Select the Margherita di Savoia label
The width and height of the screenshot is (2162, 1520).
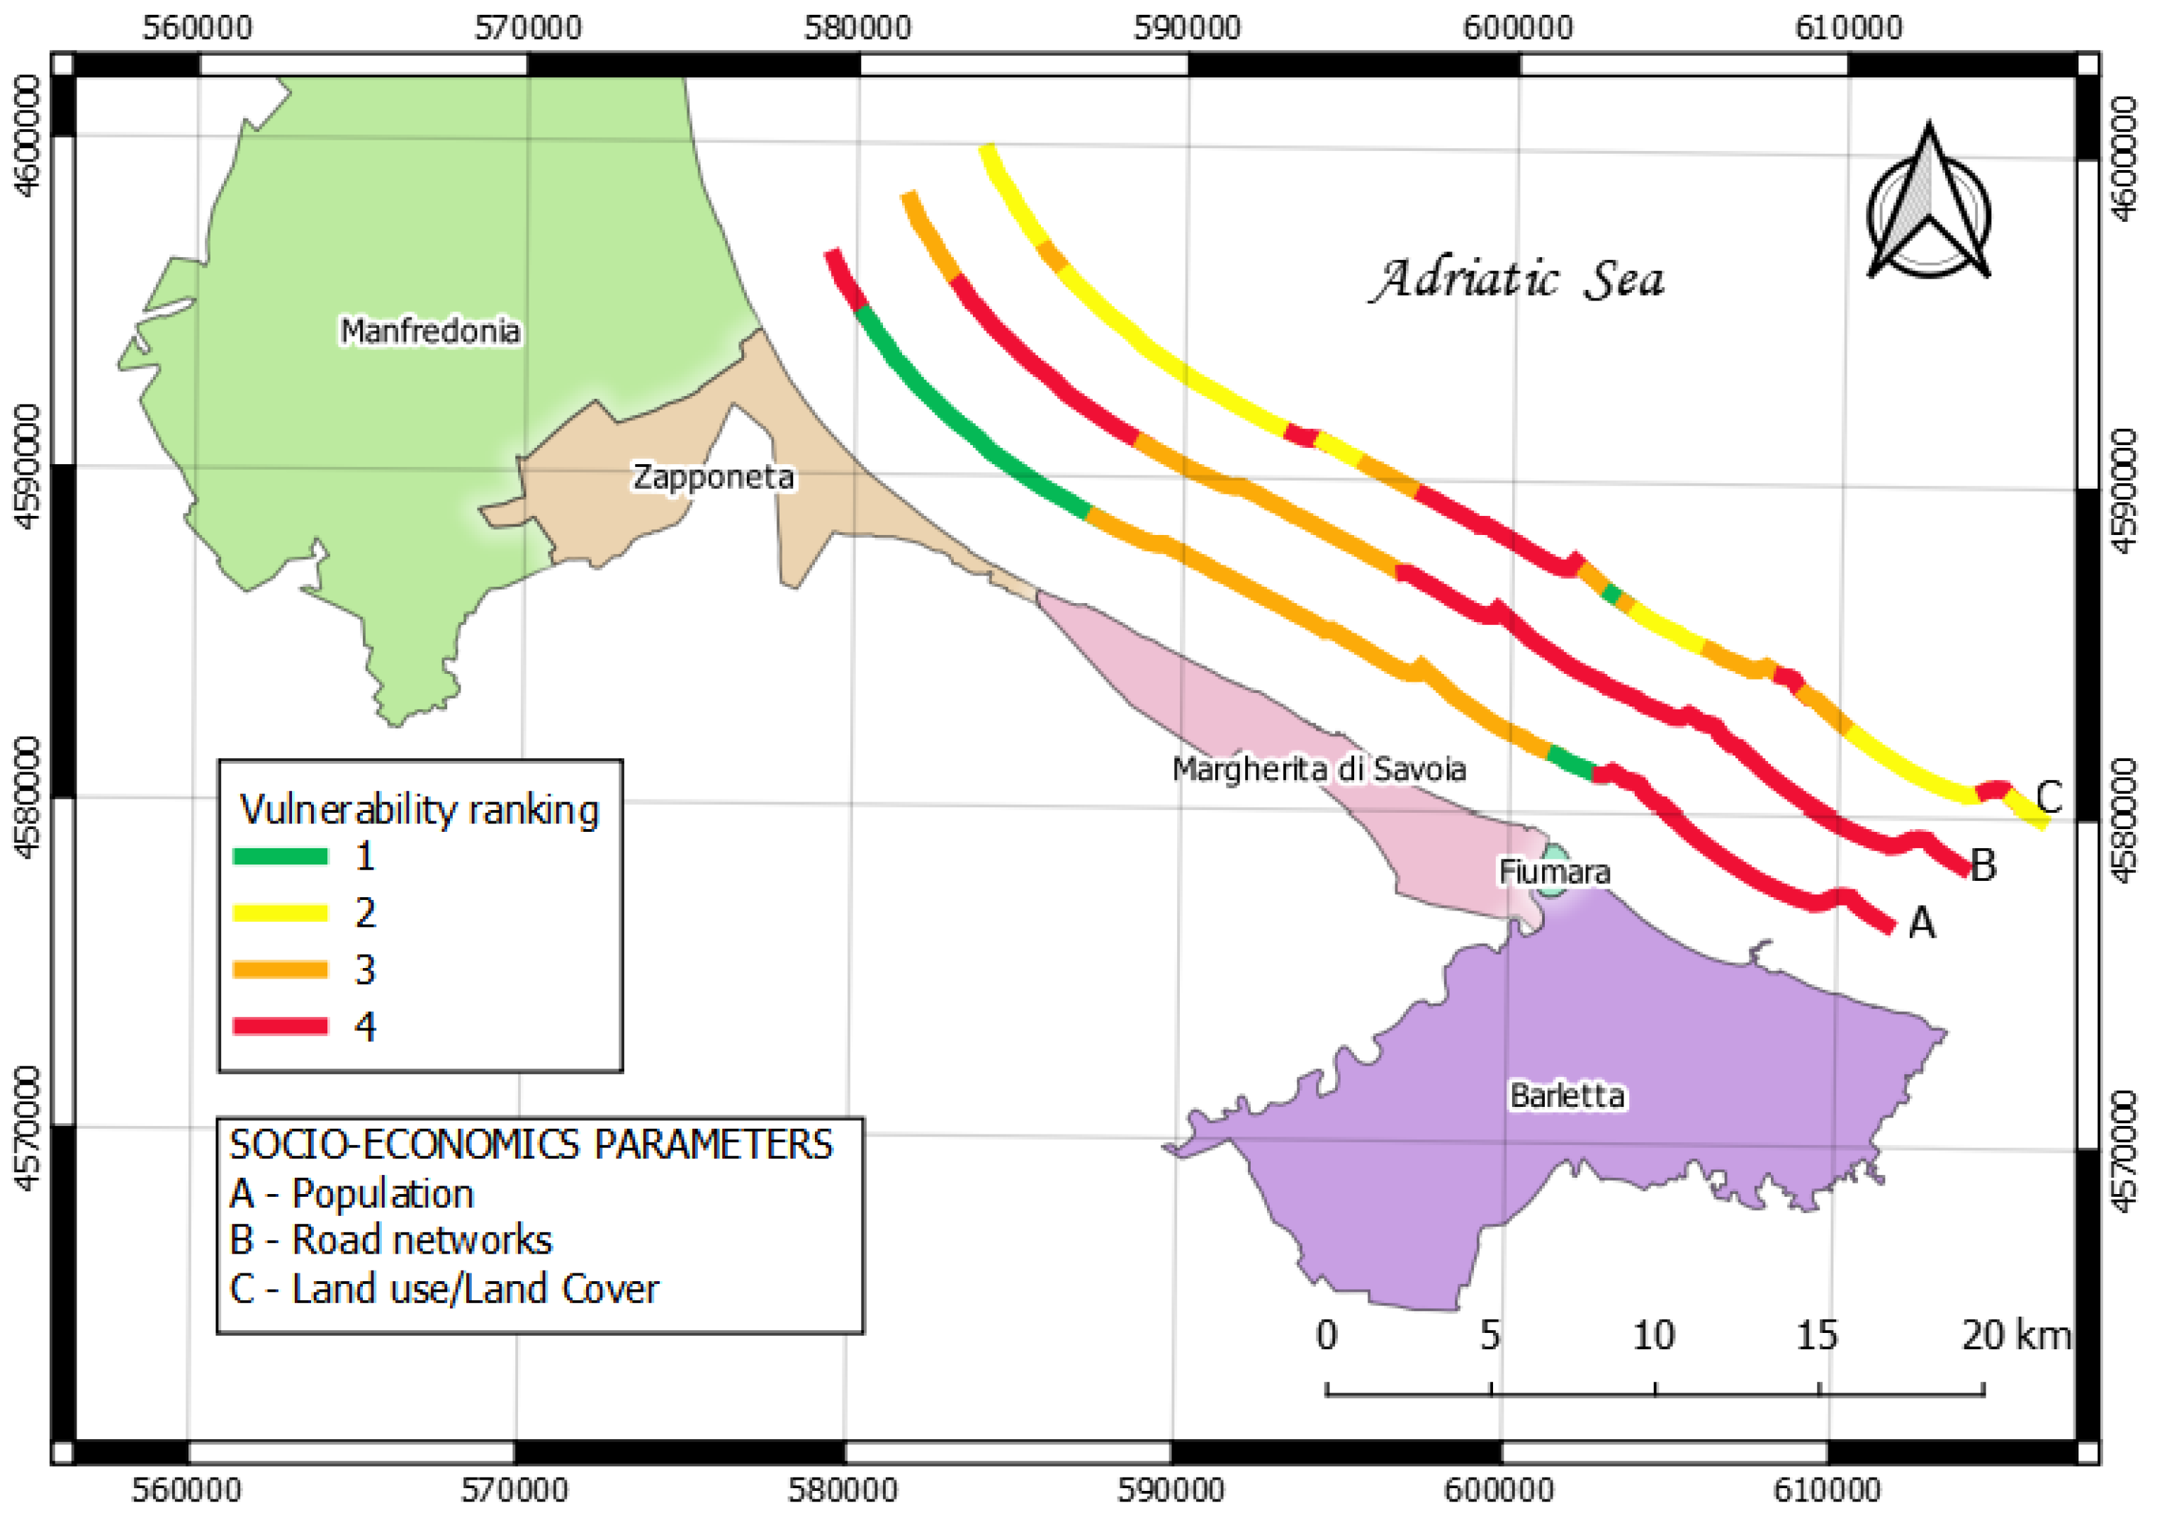(1318, 770)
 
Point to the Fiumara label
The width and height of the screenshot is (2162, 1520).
(1554, 872)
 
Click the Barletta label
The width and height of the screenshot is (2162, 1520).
(1567, 1096)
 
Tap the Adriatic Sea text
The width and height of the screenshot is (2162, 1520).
(1516, 280)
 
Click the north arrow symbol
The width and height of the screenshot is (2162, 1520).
(1927, 207)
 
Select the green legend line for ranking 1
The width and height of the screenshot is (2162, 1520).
(280, 856)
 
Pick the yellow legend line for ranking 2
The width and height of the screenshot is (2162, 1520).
(280, 913)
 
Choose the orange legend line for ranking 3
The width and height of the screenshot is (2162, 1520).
(280, 969)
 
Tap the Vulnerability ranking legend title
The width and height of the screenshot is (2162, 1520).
(419, 810)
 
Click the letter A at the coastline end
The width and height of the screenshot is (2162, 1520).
(1922, 924)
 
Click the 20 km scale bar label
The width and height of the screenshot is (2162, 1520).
(2016, 1336)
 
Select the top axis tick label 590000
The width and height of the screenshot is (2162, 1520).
(1186, 28)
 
